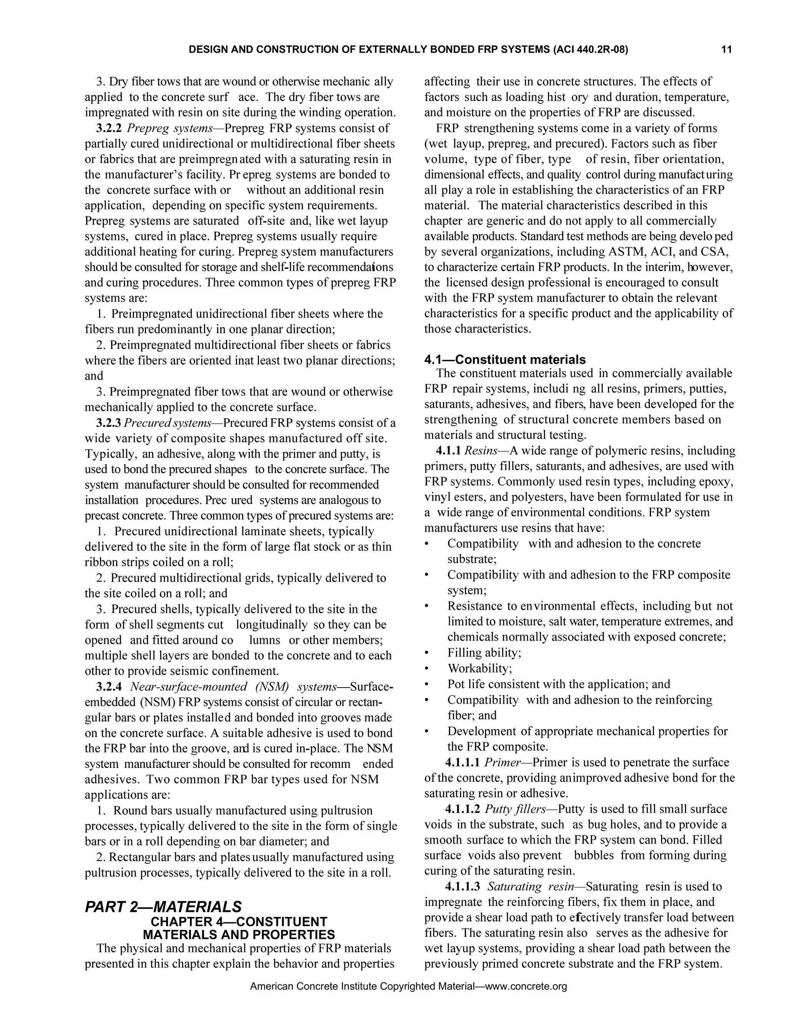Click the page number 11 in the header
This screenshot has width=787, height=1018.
click(x=726, y=50)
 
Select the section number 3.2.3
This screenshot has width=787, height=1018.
click(x=109, y=423)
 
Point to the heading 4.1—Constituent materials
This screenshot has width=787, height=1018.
click(x=505, y=360)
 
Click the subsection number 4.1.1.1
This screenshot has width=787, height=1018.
click(x=463, y=763)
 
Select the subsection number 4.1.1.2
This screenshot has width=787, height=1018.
click(x=463, y=809)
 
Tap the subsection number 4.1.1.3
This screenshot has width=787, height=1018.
click(x=463, y=887)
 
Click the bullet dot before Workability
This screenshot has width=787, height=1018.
click(x=427, y=669)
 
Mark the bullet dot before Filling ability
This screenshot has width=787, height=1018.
click(x=427, y=653)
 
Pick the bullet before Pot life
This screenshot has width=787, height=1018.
click(x=427, y=684)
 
